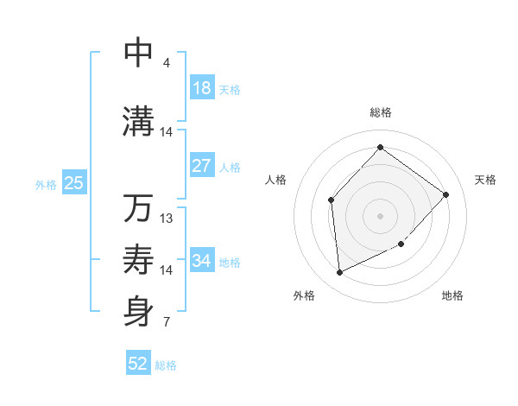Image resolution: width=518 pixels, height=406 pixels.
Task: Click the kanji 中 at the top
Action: pyautogui.click(x=138, y=52)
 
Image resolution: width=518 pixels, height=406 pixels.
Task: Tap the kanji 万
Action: pyautogui.click(x=138, y=208)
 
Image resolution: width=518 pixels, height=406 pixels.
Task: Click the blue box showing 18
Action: pyautogui.click(x=202, y=89)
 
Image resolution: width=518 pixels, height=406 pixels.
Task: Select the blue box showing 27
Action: pyautogui.click(x=202, y=166)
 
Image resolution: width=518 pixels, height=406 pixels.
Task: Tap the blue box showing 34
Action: pyautogui.click(x=202, y=261)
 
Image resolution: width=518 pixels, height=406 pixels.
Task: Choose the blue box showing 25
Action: pyautogui.click(x=74, y=183)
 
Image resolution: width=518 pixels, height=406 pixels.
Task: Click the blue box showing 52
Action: pyautogui.click(x=138, y=364)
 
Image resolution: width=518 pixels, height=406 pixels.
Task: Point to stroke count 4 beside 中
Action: pyautogui.click(x=166, y=63)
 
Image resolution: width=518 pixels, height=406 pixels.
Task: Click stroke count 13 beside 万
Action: pyautogui.click(x=167, y=219)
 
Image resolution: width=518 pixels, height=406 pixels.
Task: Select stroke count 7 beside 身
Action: pyautogui.click(x=166, y=323)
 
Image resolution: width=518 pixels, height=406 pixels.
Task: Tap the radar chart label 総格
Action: pyautogui.click(x=380, y=112)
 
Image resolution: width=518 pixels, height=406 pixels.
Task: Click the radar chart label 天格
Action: pyautogui.click(x=485, y=180)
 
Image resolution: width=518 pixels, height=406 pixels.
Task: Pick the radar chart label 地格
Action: pyautogui.click(x=452, y=295)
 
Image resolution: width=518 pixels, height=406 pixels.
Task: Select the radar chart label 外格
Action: pyautogui.click(x=304, y=295)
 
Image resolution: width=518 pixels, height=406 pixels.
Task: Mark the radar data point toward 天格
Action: pyautogui.click(x=445, y=194)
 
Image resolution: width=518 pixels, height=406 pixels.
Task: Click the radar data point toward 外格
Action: pyautogui.click(x=339, y=273)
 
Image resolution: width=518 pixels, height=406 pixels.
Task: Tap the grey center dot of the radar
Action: pyautogui.click(x=380, y=216)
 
